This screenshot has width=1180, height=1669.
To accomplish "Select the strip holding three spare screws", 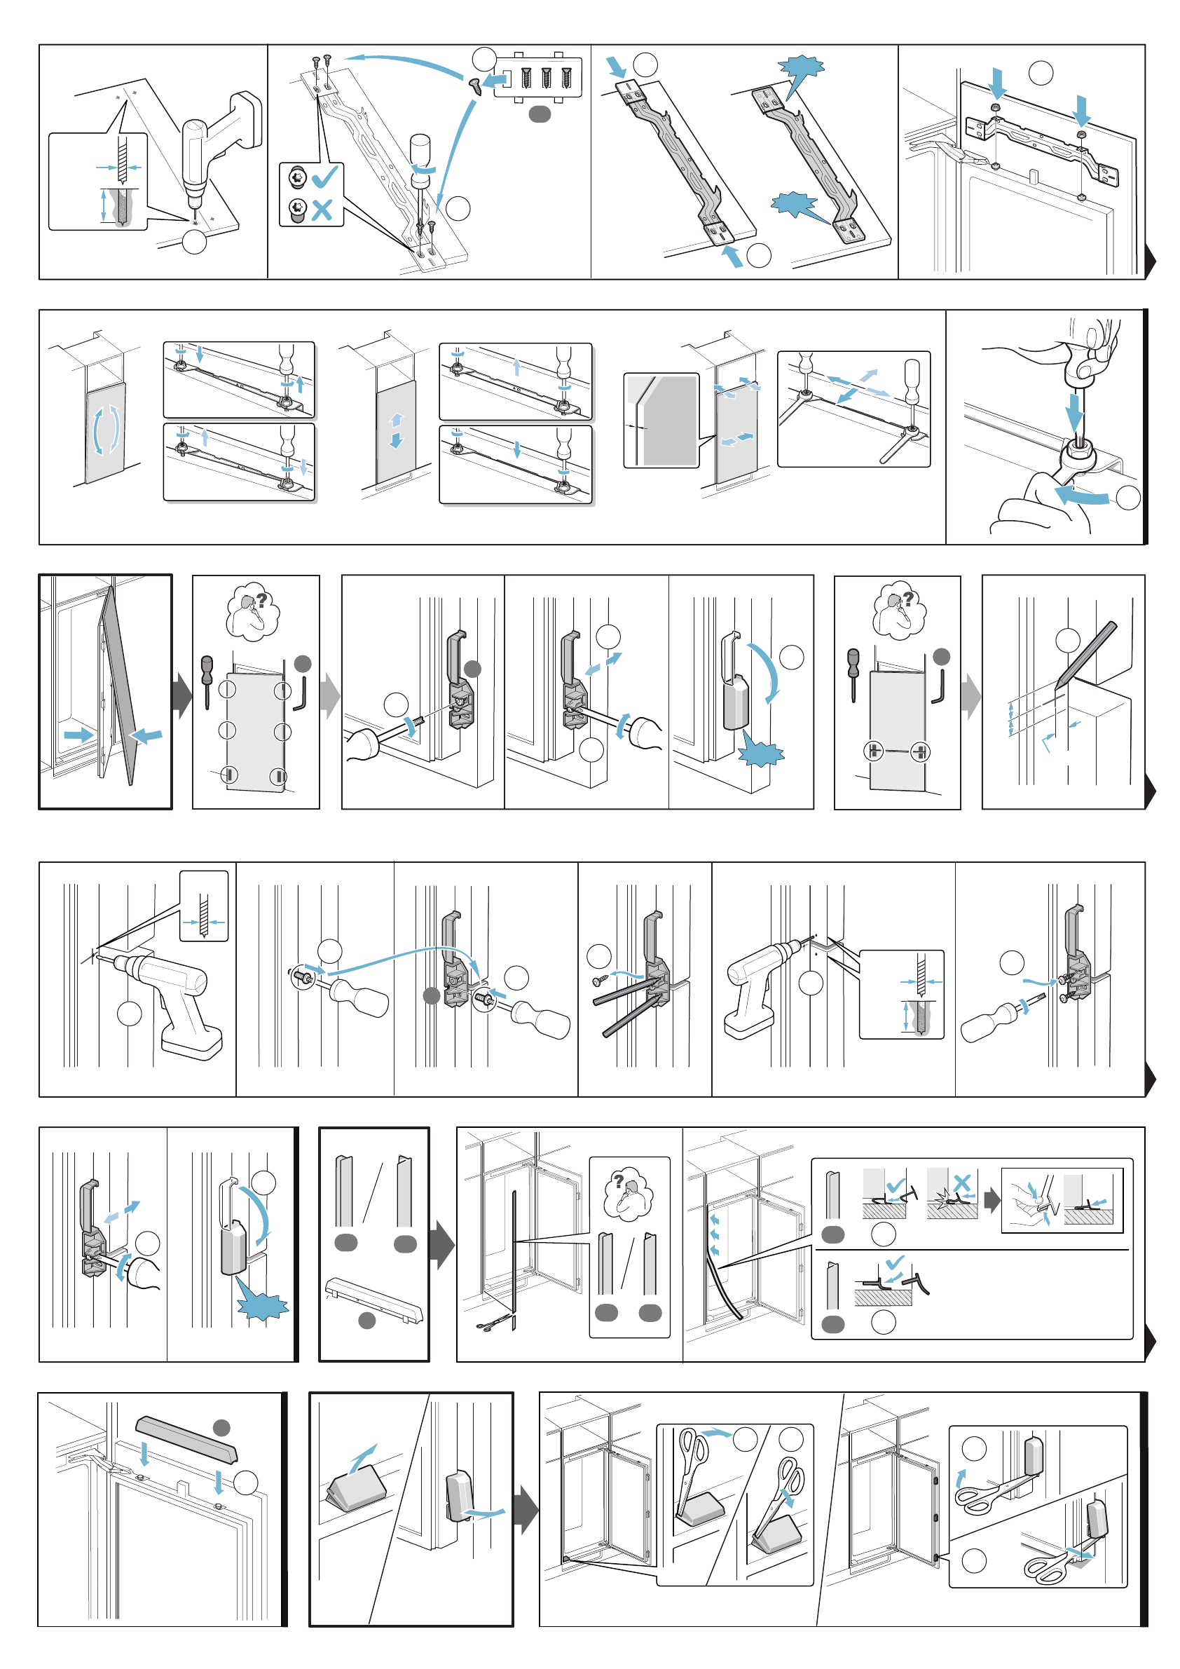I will click(x=547, y=77).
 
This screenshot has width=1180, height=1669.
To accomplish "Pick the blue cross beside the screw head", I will click(x=321, y=210).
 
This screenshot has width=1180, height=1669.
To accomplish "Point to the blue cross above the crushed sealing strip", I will click(x=962, y=1183).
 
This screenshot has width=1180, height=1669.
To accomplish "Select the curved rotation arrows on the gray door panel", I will click(x=106, y=430).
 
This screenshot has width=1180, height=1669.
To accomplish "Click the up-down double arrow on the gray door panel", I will click(x=396, y=430).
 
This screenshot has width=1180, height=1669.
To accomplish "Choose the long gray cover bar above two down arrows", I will click(x=186, y=1439).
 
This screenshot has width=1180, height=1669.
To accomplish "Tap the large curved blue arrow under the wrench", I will click(x=1083, y=496).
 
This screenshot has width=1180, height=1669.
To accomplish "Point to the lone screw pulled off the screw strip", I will click(x=474, y=86).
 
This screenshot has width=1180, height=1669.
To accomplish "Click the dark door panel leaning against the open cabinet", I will click(x=118, y=683).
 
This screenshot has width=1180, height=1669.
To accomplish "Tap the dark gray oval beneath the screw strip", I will click(x=539, y=114).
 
